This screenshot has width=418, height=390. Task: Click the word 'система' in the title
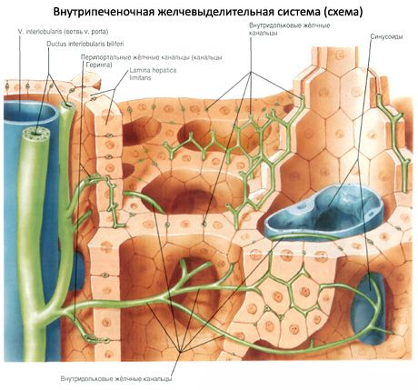(x=294, y=12)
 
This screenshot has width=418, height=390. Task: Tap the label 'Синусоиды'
(x=386, y=36)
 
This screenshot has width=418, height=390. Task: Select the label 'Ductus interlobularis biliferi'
(x=85, y=44)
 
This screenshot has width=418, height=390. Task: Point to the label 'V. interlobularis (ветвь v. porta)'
(x=63, y=31)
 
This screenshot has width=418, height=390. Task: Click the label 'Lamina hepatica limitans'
(x=153, y=74)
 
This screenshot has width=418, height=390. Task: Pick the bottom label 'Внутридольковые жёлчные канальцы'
(x=116, y=379)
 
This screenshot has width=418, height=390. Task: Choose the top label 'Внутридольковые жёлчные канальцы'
(x=289, y=29)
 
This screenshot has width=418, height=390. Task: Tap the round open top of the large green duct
(x=35, y=134)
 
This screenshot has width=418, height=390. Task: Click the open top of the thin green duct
(x=67, y=105)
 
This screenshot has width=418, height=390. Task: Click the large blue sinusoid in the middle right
(x=323, y=211)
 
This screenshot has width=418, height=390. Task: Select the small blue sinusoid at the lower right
(x=369, y=308)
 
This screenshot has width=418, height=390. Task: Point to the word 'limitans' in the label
(x=140, y=77)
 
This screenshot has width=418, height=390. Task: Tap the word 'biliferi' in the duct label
(x=114, y=44)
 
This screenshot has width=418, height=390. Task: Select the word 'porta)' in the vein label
(x=100, y=32)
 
